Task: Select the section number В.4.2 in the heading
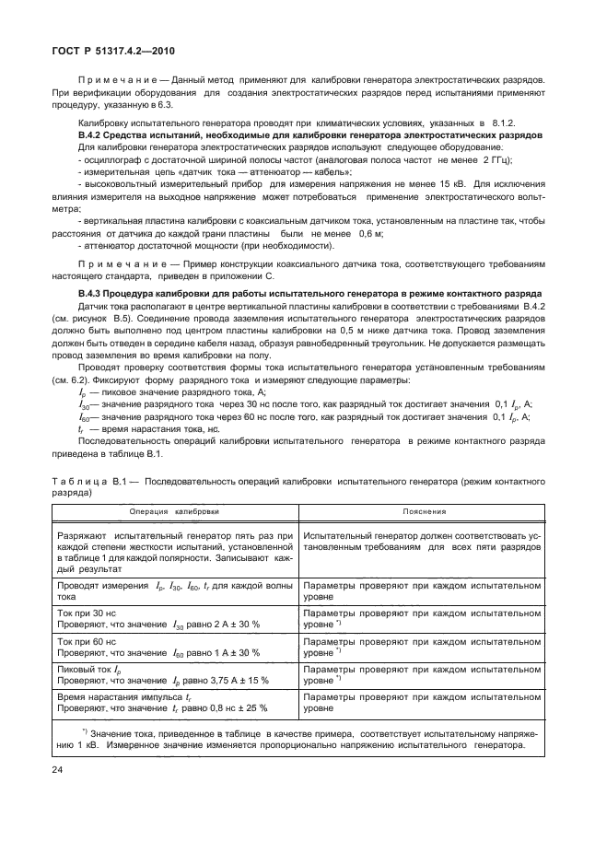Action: [91, 135]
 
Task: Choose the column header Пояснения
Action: [424, 511]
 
